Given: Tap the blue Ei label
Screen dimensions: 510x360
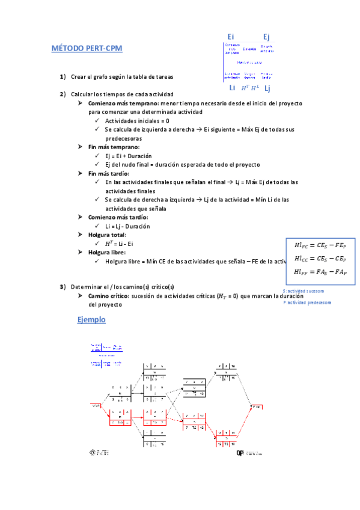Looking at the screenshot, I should coord(231,37).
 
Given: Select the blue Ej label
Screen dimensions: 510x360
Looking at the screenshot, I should coord(266,37).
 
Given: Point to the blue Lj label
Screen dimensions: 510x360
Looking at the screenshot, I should coord(267,88).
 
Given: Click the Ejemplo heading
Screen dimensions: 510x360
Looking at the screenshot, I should coord(91,320).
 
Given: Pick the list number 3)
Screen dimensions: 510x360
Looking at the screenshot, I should coord(63,286).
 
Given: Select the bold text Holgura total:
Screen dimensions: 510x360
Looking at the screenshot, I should coord(108,235).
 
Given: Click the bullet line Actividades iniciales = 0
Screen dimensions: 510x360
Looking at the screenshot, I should coord(136,121).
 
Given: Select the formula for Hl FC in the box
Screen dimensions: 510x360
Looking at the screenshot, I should coord(320,245).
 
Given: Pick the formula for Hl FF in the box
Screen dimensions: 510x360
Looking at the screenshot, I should coord(320,272).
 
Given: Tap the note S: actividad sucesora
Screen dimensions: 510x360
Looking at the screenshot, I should coord(307,290).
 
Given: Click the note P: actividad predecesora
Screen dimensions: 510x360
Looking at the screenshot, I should coord(307,303).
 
